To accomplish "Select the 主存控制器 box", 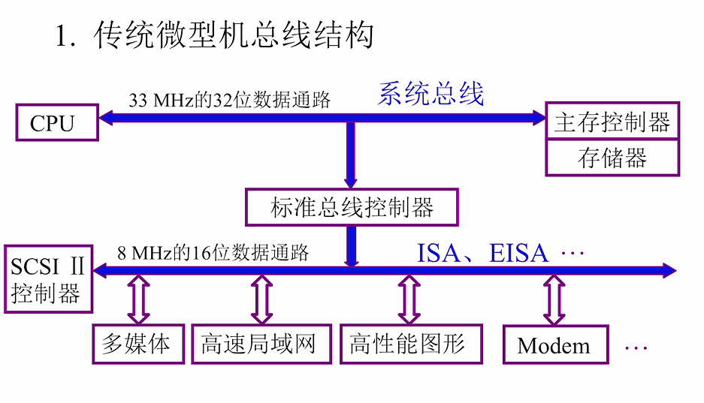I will (x=612, y=122).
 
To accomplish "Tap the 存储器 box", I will (x=612, y=158).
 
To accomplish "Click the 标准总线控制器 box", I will (x=352, y=207).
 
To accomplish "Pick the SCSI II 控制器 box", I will (x=48, y=279).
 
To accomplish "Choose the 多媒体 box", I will (x=137, y=344).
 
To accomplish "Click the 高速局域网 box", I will (x=258, y=344).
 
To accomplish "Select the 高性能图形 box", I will (x=407, y=344).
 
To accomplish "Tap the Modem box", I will (x=554, y=345).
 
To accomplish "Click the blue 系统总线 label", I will (x=431, y=94).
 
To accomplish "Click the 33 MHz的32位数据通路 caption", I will (x=230, y=100).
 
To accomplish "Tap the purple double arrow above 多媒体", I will (x=137, y=299).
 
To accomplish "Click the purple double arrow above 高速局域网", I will (x=261, y=299).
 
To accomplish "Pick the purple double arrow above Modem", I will (x=554, y=299).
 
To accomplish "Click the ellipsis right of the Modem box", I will (x=636, y=347).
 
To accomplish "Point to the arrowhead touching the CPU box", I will (x=107, y=117).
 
